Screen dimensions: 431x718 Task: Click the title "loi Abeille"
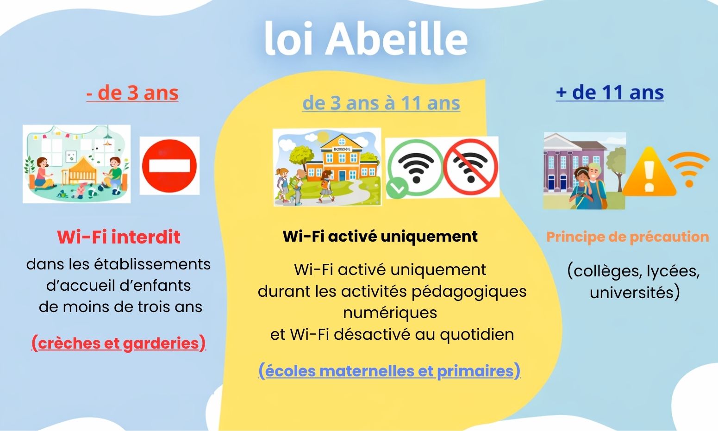click(366, 39)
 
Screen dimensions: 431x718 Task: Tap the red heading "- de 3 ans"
click(132, 93)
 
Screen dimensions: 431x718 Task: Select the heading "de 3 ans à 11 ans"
click(381, 103)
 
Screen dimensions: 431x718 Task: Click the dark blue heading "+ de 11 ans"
click(610, 93)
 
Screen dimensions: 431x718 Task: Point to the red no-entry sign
click(169, 165)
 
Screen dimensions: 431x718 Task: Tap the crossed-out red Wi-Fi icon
click(471, 167)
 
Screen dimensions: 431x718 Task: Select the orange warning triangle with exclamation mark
click(649, 174)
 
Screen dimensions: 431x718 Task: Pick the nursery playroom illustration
click(76, 164)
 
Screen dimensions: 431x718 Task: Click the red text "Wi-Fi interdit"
click(119, 237)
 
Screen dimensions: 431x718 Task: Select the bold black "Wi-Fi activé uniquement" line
click(380, 237)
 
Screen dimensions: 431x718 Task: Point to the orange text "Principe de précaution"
click(627, 237)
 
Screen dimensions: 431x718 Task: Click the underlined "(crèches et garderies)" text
click(118, 343)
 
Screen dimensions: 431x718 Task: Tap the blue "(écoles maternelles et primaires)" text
click(389, 371)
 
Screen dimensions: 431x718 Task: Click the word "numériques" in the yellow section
click(390, 313)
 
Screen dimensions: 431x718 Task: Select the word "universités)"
click(634, 293)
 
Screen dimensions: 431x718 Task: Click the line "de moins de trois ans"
click(120, 307)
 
